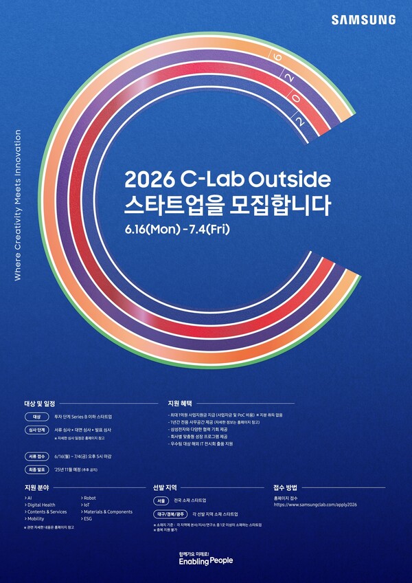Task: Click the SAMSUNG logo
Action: pyautogui.click(x=364, y=20)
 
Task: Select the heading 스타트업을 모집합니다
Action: pyautogui.click(x=227, y=204)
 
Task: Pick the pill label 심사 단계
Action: pyautogui.click(x=37, y=430)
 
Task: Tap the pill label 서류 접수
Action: pyautogui.click(x=37, y=456)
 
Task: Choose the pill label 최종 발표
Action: pyautogui.click(x=37, y=470)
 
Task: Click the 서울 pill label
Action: pyautogui.click(x=162, y=500)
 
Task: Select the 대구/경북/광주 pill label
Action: pyautogui.click(x=170, y=514)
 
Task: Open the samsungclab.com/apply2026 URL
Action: pyautogui.click(x=315, y=504)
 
